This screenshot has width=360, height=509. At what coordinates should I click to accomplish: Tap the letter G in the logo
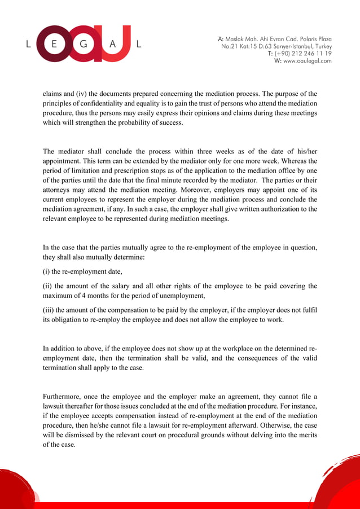pyautogui.click(x=84, y=43)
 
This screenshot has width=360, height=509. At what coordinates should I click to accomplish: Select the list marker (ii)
pyautogui.click(x=48, y=286)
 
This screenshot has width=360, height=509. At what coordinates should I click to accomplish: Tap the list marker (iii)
pyautogui.click(x=49, y=309)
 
